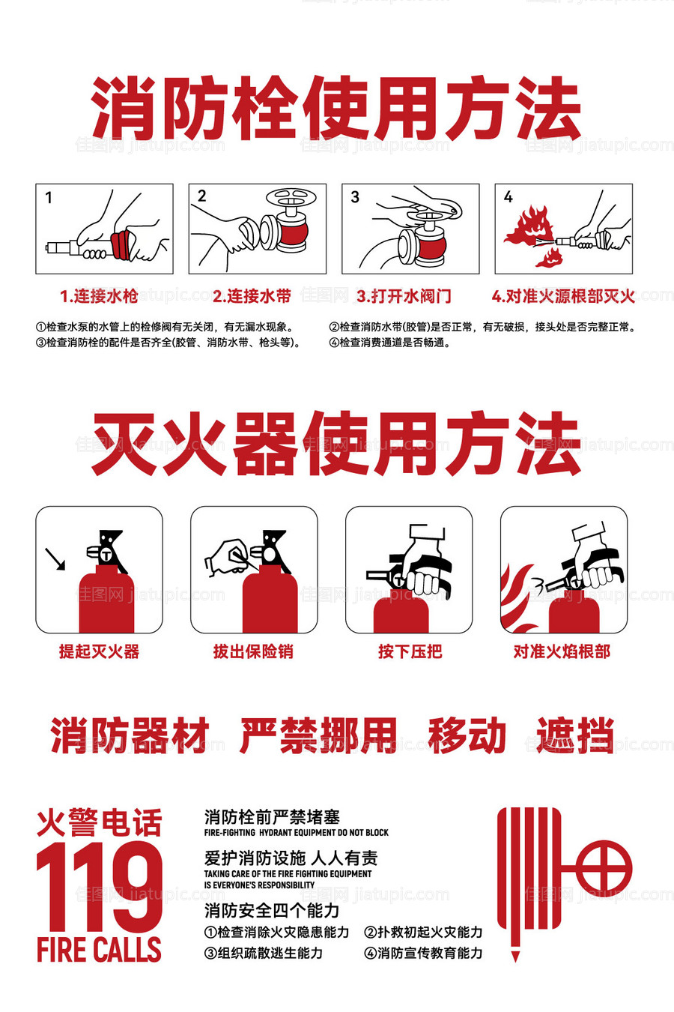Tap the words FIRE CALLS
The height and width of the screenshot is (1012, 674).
coord(99,950)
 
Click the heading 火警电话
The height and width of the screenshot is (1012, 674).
coord(99,822)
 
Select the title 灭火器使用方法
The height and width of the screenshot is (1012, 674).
coord(336,444)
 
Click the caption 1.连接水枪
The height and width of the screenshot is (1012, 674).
coord(99,296)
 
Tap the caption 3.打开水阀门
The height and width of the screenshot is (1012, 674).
coord(404,296)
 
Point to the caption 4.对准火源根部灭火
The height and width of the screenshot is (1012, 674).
coord(563,296)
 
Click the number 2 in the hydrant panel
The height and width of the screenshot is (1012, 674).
coord(201,196)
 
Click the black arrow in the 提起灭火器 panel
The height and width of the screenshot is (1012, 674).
coord(55,558)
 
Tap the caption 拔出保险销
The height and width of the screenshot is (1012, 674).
coord(253,651)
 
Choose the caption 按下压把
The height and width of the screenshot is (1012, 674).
coord(410,651)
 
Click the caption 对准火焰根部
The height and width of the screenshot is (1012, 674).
coord(562,651)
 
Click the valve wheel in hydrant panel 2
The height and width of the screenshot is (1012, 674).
coord(291,199)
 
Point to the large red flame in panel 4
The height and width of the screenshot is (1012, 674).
coord(529,225)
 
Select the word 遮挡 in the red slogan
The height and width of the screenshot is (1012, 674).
coord(575,735)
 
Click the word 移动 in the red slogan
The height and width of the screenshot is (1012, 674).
coord(467,735)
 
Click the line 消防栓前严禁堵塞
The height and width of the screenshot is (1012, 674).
coord(272,817)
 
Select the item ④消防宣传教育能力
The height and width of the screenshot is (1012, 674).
coord(423,953)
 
